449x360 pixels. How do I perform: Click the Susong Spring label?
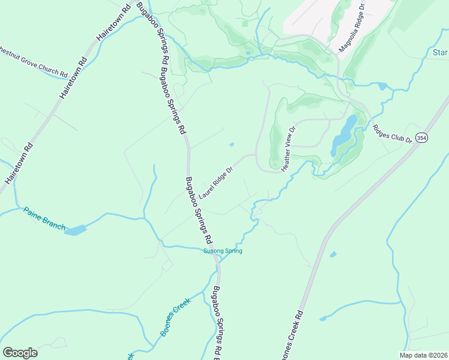[x=222, y=251]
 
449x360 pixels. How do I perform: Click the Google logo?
[x=20, y=353]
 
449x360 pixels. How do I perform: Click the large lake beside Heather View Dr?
[x=343, y=135]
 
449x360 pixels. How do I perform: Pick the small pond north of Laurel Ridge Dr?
[x=232, y=144]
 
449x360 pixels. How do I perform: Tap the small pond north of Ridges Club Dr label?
[x=382, y=86]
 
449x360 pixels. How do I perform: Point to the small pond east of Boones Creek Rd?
[x=333, y=254]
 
